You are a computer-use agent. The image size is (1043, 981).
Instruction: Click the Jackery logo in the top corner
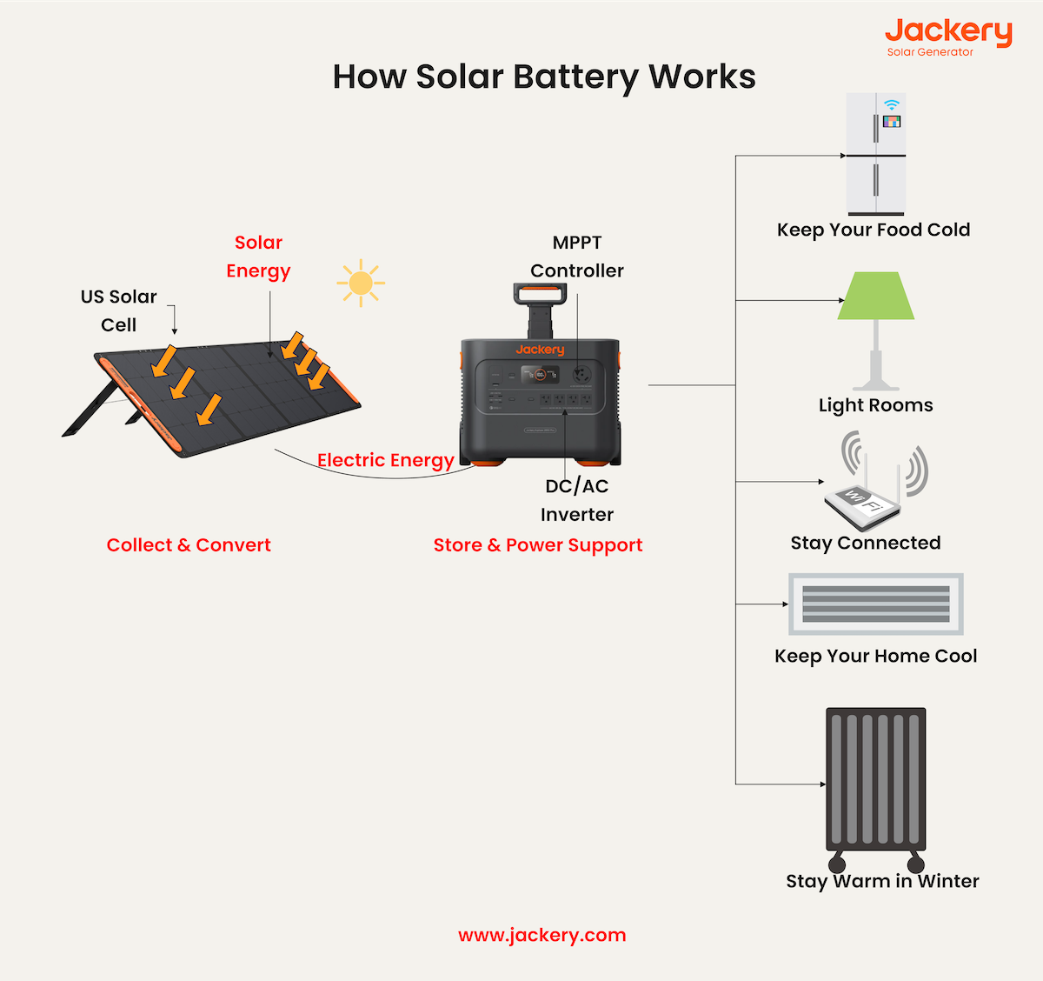click(x=948, y=35)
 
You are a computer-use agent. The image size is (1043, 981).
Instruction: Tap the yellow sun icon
click(x=360, y=284)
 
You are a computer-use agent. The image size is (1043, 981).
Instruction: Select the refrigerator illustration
click(x=876, y=154)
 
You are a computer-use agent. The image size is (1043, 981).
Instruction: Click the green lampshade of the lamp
click(x=876, y=297)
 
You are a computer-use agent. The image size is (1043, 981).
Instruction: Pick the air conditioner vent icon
click(x=876, y=604)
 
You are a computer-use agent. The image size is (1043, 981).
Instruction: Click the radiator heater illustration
click(x=875, y=783)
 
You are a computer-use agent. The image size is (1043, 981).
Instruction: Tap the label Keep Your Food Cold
click(x=874, y=230)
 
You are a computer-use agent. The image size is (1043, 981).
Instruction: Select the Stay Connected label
click(x=866, y=544)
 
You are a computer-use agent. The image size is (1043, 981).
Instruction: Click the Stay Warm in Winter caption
click(x=882, y=882)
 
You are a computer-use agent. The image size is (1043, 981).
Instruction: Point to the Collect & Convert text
click(x=189, y=545)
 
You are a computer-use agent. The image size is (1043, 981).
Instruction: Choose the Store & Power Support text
click(x=538, y=545)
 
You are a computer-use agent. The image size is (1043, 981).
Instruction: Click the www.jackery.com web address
click(x=541, y=936)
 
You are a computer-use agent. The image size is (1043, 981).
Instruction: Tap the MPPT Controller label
click(x=577, y=257)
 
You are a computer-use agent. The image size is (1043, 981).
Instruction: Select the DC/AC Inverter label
click(x=577, y=500)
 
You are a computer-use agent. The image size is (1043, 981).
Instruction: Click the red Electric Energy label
click(x=385, y=460)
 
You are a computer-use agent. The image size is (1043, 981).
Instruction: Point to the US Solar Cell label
click(x=119, y=310)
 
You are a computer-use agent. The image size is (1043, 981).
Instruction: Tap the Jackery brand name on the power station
click(x=540, y=350)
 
